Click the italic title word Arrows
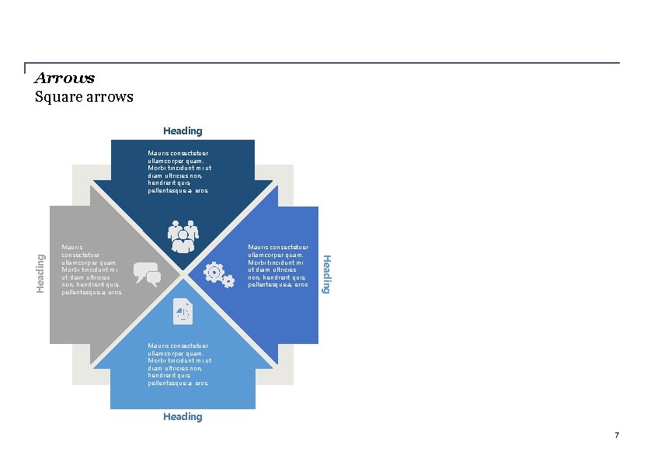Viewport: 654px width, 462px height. (64, 78)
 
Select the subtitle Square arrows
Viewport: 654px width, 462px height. (84, 97)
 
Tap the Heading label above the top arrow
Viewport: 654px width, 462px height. (183, 131)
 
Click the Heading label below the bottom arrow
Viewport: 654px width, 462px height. (183, 417)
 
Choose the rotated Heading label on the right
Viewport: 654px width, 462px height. (327, 273)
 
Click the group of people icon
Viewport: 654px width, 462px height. (183, 237)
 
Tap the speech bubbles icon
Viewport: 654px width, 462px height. (147, 274)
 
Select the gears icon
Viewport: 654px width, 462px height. (218, 275)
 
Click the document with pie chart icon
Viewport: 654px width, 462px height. (183, 311)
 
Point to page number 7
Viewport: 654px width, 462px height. (617, 436)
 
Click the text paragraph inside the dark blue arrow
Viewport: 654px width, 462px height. (179, 172)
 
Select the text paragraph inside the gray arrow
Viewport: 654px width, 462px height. (91, 269)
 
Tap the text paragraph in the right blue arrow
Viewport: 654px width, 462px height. (277, 266)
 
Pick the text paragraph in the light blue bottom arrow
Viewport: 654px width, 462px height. (179, 364)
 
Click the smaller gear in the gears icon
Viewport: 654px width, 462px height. (228, 282)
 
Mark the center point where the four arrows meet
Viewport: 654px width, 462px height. (183, 274)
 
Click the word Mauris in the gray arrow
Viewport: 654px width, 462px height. (71, 246)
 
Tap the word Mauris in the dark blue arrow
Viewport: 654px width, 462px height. (158, 153)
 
